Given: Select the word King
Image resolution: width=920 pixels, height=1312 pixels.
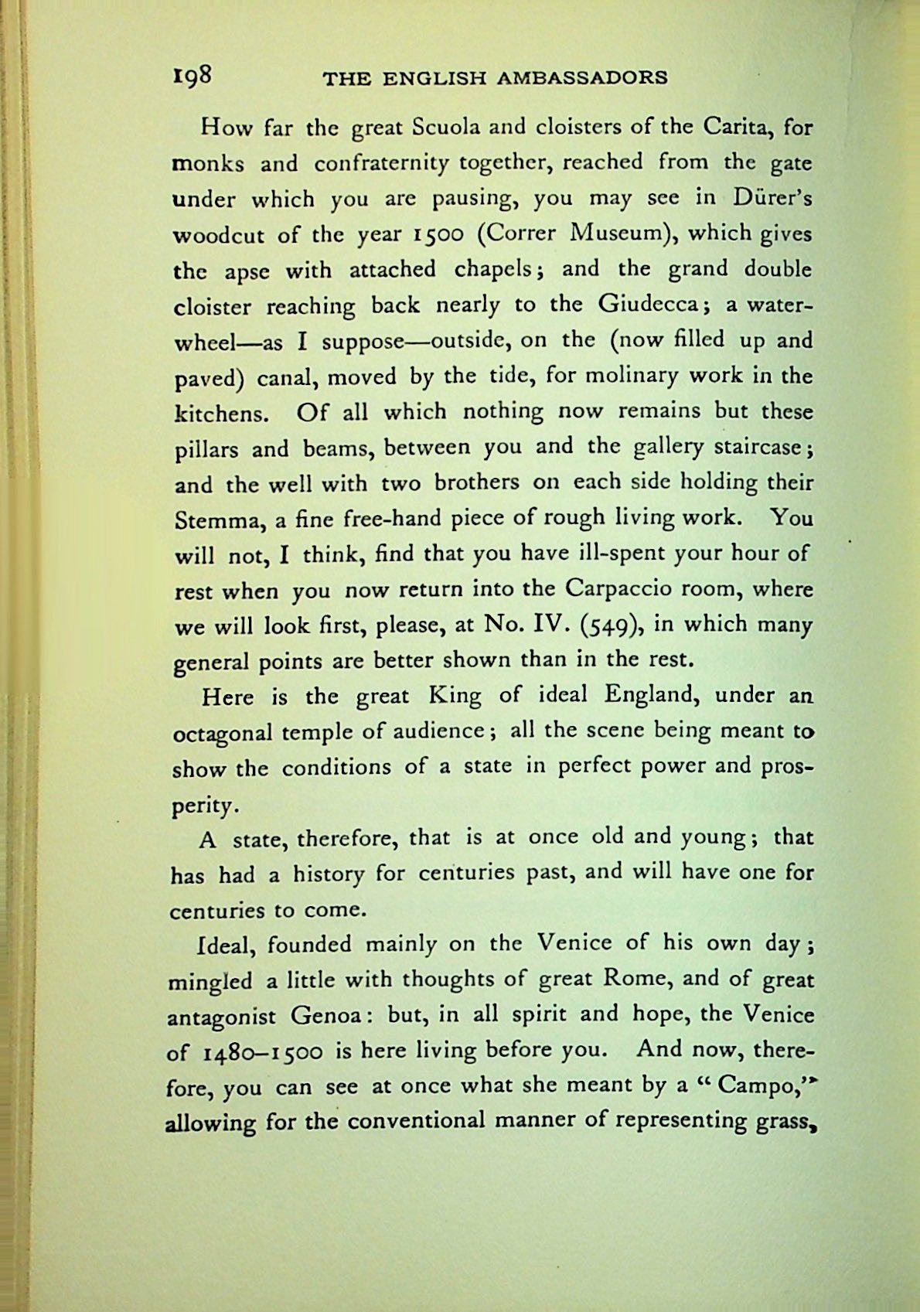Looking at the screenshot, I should [454, 696].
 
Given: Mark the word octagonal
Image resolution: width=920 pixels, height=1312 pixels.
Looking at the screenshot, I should [222, 733].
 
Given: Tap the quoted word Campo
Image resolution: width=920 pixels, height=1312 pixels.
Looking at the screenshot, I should [751, 1087].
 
